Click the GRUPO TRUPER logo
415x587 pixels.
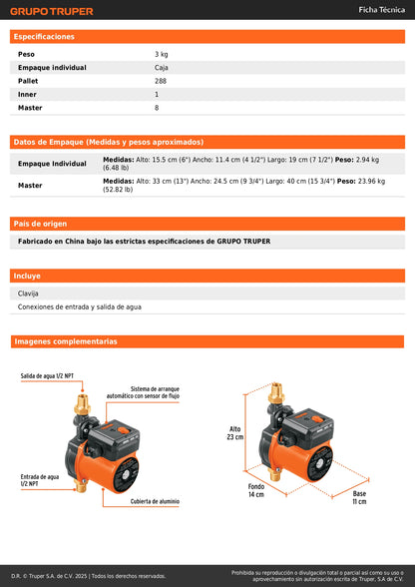pyautogui.click(x=53, y=12)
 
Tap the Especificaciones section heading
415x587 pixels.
pyautogui.click(x=45, y=37)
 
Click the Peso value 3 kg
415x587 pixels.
pyautogui.click(x=162, y=54)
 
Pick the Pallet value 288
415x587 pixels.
pyautogui.click(x=162, y=81)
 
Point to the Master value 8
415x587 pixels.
pyautogui.click(x=157, y=107)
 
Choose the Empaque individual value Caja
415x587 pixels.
pyautogui.click(x=163, y=67)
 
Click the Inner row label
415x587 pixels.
pyautogui.click(x=26, y=94)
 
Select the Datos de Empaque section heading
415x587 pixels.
pyautogui.click(x=109, y=142)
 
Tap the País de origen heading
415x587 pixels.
pyautogui.click(x=40, y=224)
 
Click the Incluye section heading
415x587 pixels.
pyautogui.click(x=28, y=276)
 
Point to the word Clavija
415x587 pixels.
pyautogui.click(x=30, y=293)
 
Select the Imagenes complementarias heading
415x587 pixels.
pyautogui.click(x=66, y=341)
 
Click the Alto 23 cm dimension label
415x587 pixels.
pyautogui.click(x=235, y=433)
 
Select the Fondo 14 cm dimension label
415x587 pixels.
pyautogui.click(x=256, y=490)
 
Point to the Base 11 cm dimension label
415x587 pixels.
pyautogui.click(x=359, y=496)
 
